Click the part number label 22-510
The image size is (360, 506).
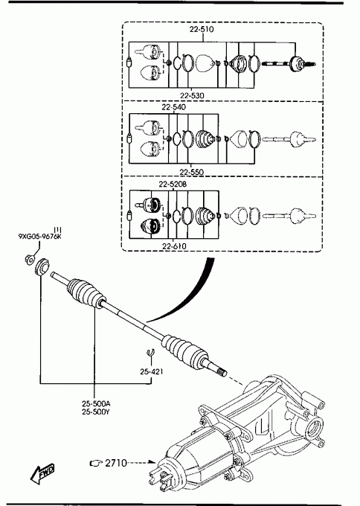tap(202, 29)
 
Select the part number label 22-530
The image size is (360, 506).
tap(192, 96)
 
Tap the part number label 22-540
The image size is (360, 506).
tap(174, 107)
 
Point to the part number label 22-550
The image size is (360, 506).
tap(192, 172)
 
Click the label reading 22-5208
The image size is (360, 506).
tap(173, 185)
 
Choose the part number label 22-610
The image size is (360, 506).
tap(174, 246)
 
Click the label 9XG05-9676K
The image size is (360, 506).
tap(39, 237)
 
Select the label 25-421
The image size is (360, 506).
tap(152, 372)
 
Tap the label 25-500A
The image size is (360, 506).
tap(96, 403)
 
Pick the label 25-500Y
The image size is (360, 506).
tap(96, 412)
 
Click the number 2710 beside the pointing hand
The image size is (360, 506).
tap(116, 463)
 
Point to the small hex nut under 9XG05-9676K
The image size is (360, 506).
tap(29, 259)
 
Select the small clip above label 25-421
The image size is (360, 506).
tap(150, 353)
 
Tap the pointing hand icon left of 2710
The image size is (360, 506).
tap(95, 464)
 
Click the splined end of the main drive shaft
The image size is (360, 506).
tap(221, 373)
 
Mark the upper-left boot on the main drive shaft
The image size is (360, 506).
tap(86, 293)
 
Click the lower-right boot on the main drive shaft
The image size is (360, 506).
tap(184, 350)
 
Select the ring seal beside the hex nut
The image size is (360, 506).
tap(42, 267)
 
